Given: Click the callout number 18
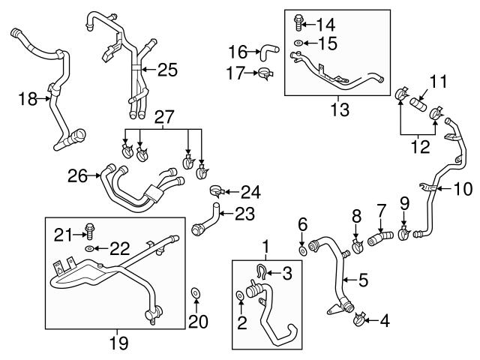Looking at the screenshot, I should pos(26,99).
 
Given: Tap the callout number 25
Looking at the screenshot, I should pos(167,70).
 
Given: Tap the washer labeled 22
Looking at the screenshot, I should pos(89,247).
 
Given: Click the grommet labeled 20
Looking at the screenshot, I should pos(196,292).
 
